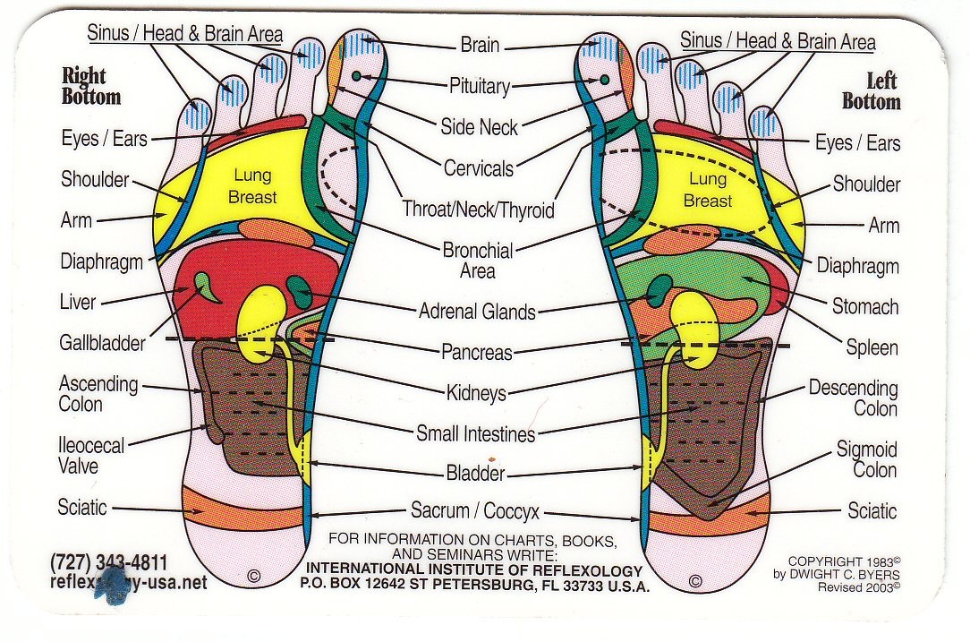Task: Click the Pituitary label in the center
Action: click(479, 86)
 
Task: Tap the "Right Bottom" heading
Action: click(91, 86)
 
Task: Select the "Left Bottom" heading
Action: click(871, 91)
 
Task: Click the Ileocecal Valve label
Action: click(91, 455)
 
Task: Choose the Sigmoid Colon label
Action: click(867, 459)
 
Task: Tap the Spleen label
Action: click(872, 347)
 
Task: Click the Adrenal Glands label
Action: click(477, 312)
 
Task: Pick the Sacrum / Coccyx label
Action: click(475, 511)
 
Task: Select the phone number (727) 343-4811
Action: click(109, 562)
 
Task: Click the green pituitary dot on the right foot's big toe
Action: click(356, 75)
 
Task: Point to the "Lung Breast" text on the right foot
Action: click(252, 186)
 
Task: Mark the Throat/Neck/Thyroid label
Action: click(478, 210)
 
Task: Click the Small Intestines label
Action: click(475, 434)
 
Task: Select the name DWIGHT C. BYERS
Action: click(846, 574)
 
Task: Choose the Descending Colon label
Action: click(853, 398)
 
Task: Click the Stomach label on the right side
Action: click(864, 306)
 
